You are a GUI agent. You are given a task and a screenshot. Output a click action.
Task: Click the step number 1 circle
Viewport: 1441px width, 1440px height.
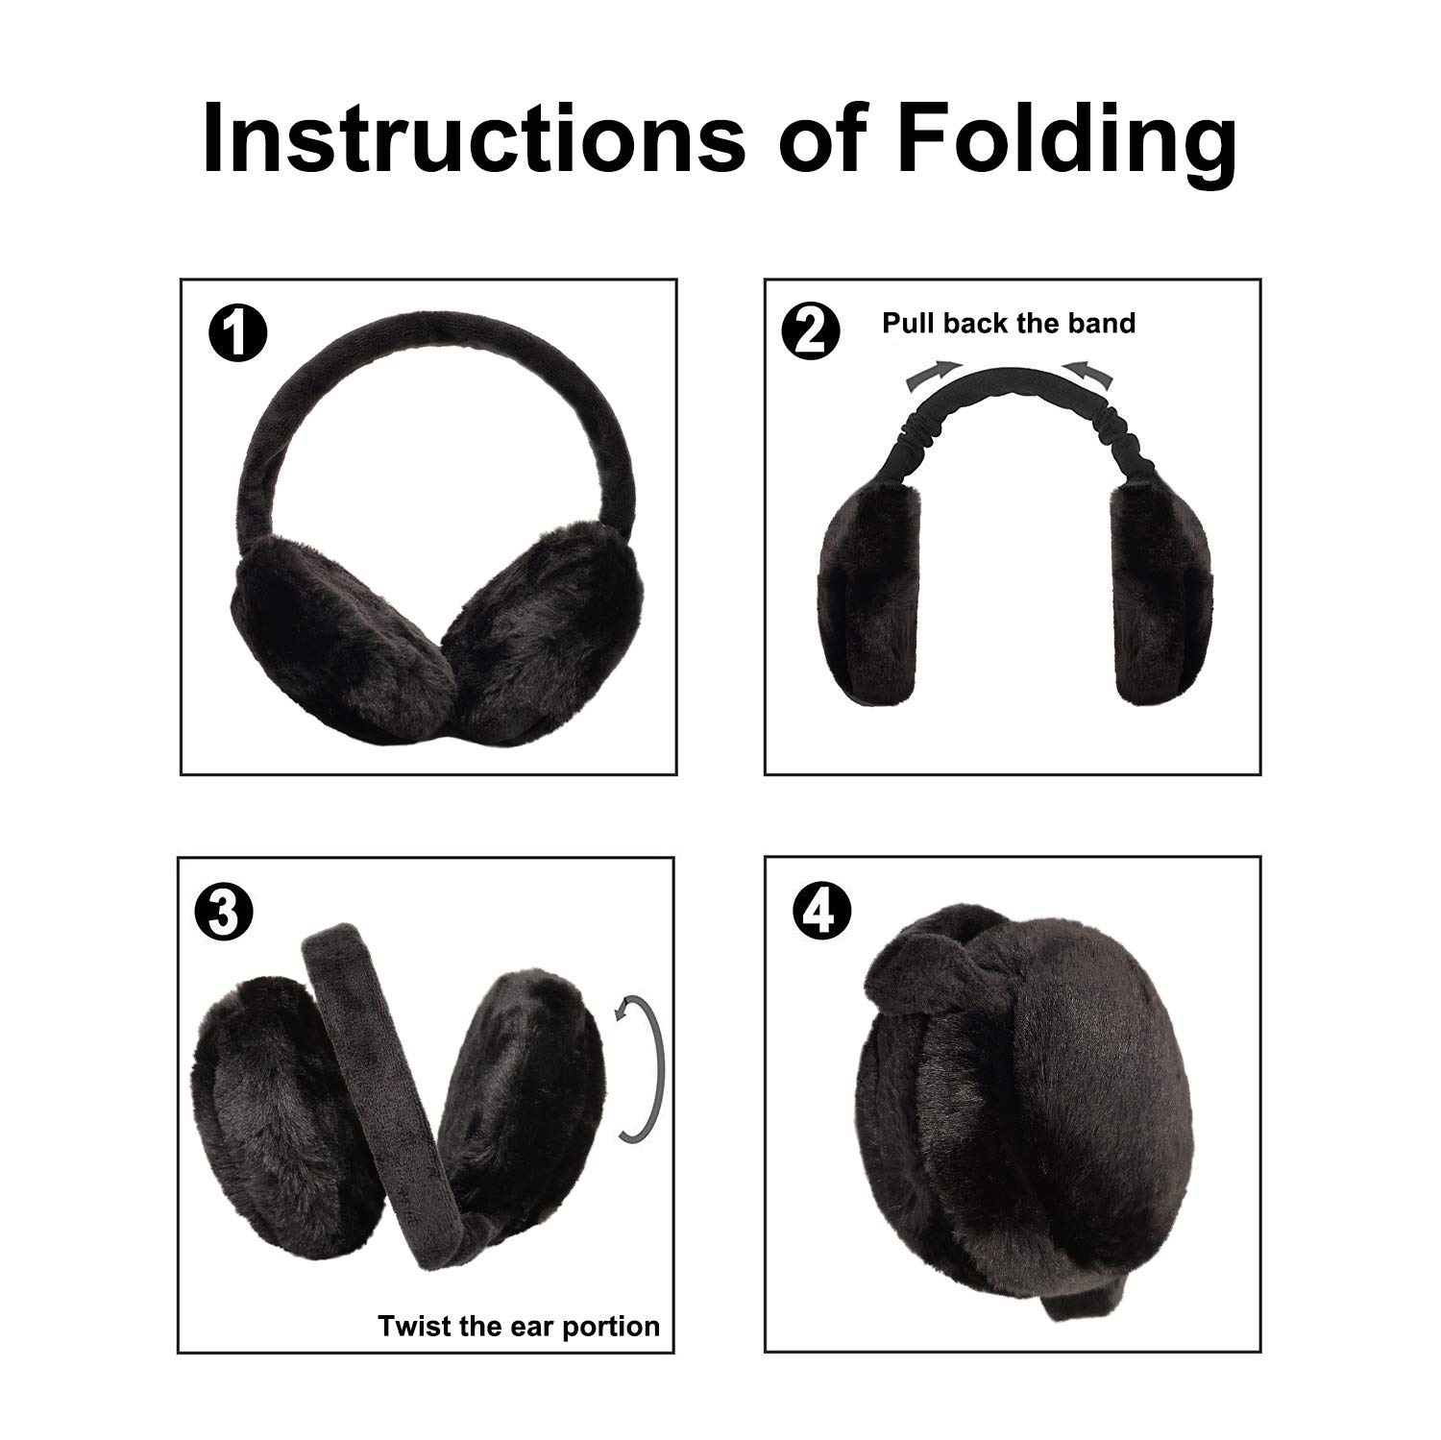pyautogui.click(x=237, y=333)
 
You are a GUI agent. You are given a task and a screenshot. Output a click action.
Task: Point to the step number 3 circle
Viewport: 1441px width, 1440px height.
pyautogui.click(x=223, y=912)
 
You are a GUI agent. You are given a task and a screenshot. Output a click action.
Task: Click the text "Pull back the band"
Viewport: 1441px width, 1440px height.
pyautogui.click(x=1009, y=323)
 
